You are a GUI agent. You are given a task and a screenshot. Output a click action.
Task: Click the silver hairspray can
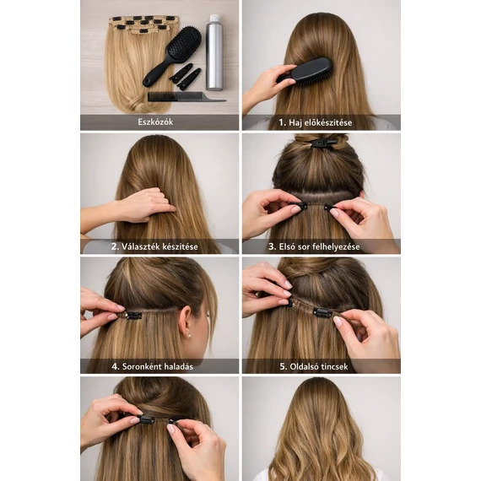click(x=213, y=53)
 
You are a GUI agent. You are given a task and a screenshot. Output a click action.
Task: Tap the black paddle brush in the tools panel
click(x=173, y=55)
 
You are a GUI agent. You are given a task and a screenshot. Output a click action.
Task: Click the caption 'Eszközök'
click(x=155, y=122)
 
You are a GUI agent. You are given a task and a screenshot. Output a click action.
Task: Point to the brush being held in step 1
click(x=307, y=71)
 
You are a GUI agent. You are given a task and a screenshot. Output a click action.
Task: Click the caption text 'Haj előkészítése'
click(x=321, y=122)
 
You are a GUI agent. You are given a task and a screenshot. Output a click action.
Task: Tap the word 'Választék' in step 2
click(x=139, y=246)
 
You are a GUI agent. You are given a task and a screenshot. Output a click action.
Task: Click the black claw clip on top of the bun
click(x=322, y=143)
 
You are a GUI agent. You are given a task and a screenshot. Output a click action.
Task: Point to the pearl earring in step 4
click(x=190, y=336)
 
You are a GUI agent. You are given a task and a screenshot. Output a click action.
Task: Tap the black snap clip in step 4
click(x=134, y=316)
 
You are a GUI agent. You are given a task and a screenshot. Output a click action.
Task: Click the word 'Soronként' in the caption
click(x=142, y=366)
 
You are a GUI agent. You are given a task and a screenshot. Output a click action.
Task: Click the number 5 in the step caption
click(x=283, y=366)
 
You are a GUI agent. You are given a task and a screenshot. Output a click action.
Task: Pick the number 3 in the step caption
click(x=272, y=246)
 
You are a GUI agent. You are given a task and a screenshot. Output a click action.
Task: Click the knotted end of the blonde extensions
click(x=138, y=106)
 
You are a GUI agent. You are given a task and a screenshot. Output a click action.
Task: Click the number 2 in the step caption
click(x=115, y=246)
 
